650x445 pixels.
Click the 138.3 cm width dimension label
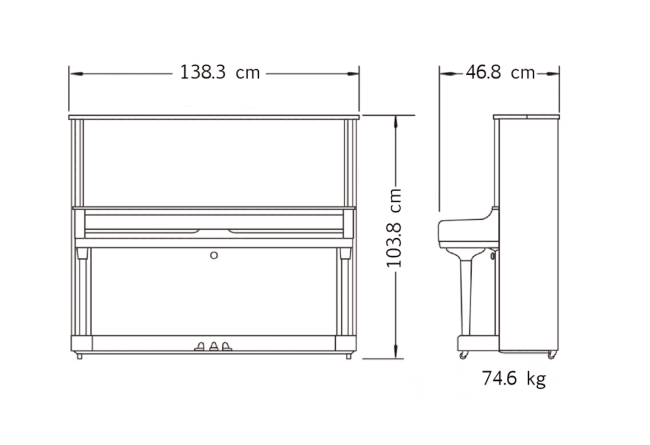tap(219, 72)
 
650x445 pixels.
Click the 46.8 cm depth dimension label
tap(500, 72)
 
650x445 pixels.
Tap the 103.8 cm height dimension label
tap(394, 228)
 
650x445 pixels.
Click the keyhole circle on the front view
tap(214, 255)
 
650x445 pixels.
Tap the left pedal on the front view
tap(200, 346)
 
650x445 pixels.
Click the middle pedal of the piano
tap(213, 346)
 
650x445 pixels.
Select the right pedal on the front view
tap(226, 346)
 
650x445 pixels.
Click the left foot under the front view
tap(79, 356)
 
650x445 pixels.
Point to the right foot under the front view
tap(349, 356)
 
